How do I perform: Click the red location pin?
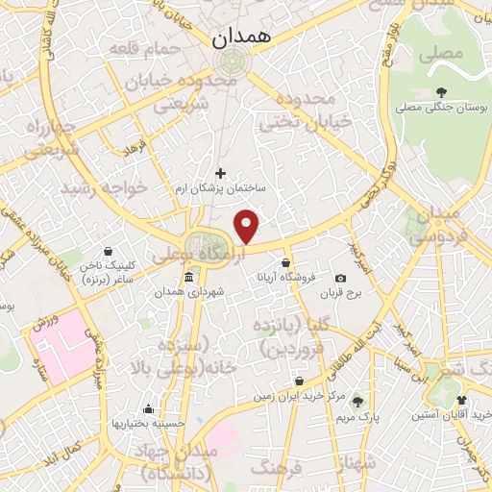[248, 226]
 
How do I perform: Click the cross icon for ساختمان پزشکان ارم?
[221, 174]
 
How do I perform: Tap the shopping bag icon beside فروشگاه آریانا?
[286, 261]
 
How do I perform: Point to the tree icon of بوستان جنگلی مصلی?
[441, 92]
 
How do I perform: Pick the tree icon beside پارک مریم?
[358, 402]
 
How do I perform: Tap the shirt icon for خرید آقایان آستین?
[461, 400]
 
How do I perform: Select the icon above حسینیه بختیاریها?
[148, 407]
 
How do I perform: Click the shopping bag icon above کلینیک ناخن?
[108, 249]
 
